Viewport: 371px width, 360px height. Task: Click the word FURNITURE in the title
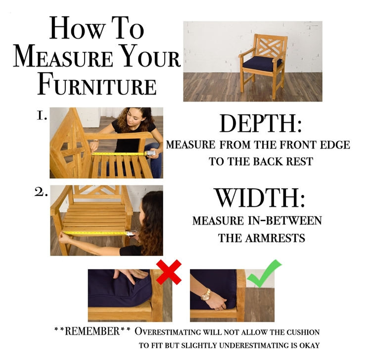97,85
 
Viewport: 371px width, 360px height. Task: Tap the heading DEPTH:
261,124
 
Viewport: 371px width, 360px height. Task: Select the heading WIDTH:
260,198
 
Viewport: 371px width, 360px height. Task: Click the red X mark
169,272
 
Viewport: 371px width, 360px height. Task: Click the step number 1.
42,116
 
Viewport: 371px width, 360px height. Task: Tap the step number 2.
41,193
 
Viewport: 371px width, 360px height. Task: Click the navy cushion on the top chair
262,62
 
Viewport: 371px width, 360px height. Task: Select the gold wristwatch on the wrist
206,295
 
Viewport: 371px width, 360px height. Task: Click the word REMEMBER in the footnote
93,331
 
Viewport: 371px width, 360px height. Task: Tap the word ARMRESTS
275,238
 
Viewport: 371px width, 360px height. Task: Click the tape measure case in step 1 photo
150,154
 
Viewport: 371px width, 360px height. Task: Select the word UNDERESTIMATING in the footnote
254,345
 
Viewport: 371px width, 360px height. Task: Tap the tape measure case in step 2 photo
132,234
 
